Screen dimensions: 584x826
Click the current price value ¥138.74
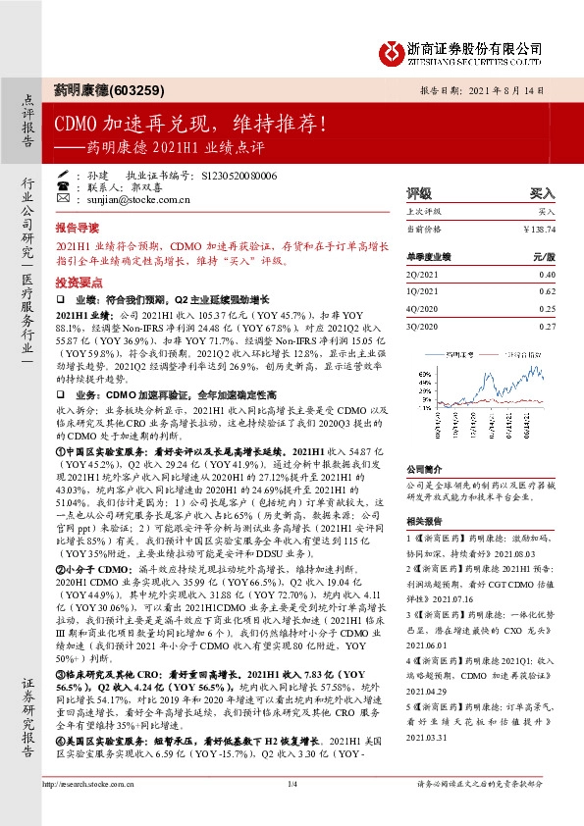(541, 229)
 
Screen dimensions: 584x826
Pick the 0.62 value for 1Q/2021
(547, 292)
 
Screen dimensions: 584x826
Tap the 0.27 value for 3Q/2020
(547, 326)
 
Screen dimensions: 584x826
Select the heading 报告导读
(78, 226)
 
